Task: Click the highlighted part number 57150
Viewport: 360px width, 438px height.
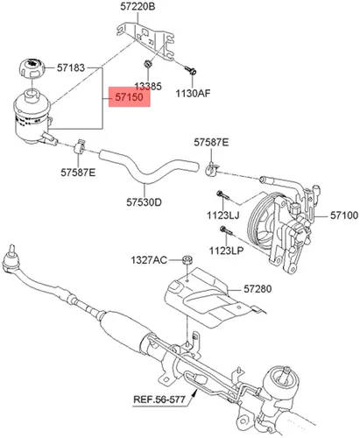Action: tap(129, 97)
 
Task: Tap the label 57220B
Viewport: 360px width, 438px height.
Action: tap(138, 6)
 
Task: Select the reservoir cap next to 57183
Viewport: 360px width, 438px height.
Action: tap(32, 68)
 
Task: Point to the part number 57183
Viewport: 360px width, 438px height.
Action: tap(71, 68)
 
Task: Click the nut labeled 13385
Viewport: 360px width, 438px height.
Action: tap(147, 64)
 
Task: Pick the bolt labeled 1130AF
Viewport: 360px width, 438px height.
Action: tap(191, 70)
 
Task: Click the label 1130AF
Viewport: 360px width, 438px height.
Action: tap(193, 93)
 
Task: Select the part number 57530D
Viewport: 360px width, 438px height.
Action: tap(144, 202)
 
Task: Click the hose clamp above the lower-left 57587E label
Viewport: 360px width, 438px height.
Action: tap(80, 147)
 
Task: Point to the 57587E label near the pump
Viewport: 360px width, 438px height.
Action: tap(211, 142)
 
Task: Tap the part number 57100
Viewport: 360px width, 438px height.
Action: tap(344, 215)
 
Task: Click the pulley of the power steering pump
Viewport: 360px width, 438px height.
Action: tap(261, 225)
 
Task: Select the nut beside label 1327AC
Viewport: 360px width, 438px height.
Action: tap(187, 260)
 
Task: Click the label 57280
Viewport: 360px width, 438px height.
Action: tap(258, 289)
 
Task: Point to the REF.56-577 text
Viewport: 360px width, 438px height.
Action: tap(159, 399)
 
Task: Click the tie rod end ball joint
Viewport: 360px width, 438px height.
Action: tap(11, 260)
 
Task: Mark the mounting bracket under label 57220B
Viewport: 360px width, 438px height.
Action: tap(145, 40)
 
